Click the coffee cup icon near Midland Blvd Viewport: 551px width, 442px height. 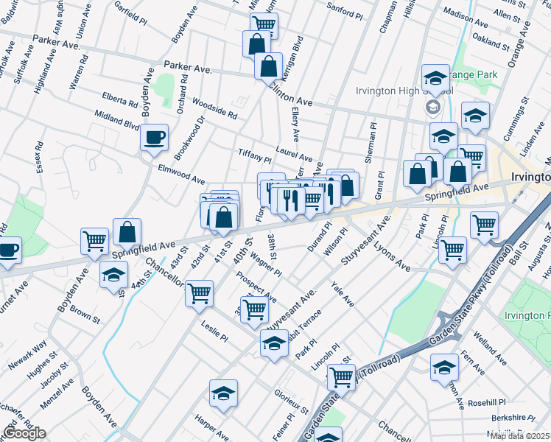point(155,138)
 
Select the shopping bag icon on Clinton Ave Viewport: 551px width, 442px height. point(269,66)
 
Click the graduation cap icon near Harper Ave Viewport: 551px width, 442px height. point(223,394)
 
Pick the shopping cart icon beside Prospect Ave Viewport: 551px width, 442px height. point(254,309)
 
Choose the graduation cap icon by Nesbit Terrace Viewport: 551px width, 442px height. point(274,343)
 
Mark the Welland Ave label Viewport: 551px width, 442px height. point(490,350)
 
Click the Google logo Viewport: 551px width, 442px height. point(24,433)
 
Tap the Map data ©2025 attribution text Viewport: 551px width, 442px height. point(519,436)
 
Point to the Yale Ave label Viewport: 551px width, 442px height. point(342,294)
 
